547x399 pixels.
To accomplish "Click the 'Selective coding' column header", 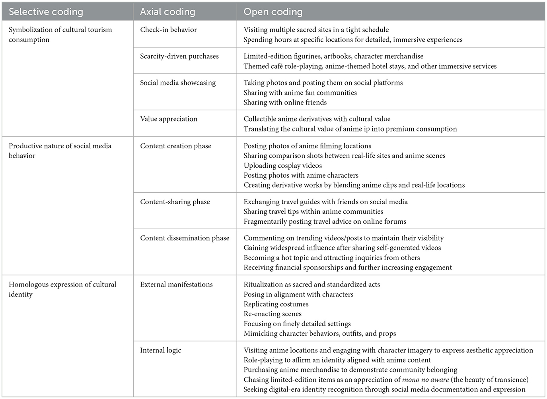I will (46, 12).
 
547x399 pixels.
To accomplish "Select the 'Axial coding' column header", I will (167, 12).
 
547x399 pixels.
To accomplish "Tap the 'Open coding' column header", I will (273, 12).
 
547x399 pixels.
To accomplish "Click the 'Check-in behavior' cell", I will (168, 30).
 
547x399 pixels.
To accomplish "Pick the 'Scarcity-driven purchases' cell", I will (179, 56).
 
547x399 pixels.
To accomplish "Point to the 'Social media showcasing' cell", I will (177, 83).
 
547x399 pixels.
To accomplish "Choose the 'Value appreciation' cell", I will (168, 119).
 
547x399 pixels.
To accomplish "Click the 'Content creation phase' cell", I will (175, 146).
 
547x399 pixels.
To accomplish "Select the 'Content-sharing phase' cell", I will (175, 202).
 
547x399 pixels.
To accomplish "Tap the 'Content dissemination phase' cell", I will (185, 238).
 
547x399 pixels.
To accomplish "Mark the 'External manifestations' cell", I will (176, 285).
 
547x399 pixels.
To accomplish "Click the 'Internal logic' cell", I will (160, 351).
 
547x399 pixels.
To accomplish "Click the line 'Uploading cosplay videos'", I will (282, 166).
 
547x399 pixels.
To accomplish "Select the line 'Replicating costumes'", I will (276, 304).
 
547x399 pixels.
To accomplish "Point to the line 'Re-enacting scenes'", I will (273, 314).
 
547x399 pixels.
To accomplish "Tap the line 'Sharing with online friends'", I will (285, 103).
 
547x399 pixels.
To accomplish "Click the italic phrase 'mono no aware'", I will (425, 380).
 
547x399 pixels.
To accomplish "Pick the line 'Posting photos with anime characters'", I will (301, 175).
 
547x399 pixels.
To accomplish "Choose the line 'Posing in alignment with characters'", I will (298, 294).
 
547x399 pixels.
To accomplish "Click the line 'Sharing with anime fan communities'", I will (300, 93).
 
